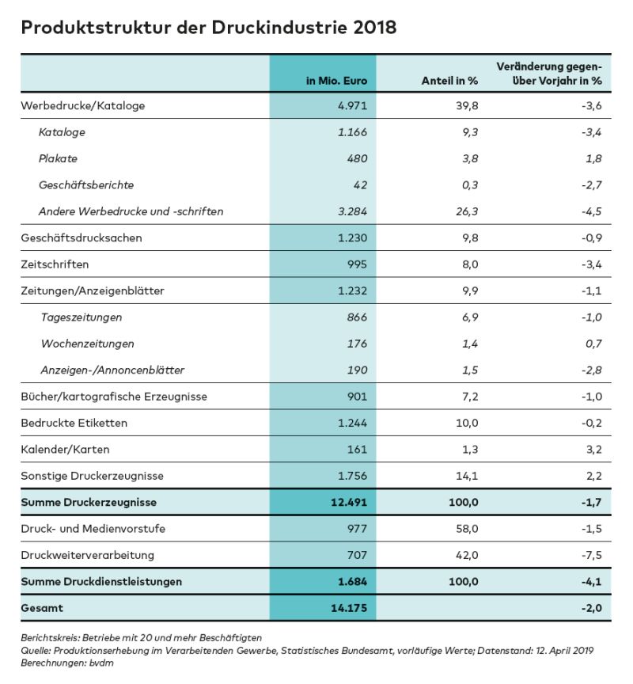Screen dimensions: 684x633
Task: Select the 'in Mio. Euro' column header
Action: point(337,81)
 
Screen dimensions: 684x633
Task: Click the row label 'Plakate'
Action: point(58,158)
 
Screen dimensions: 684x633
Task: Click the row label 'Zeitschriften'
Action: point(55,264)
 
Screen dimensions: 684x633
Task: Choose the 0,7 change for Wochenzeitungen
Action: point(594,344)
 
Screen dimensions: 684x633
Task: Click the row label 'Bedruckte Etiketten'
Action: point(74,423)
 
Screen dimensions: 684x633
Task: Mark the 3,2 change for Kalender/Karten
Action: point(594,450)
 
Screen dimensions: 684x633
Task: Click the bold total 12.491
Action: point(346,503)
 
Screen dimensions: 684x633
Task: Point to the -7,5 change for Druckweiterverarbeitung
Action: point(591,555)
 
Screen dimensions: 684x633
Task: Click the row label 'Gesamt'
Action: point(42,608)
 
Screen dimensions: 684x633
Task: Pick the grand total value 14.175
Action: point(346,608)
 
